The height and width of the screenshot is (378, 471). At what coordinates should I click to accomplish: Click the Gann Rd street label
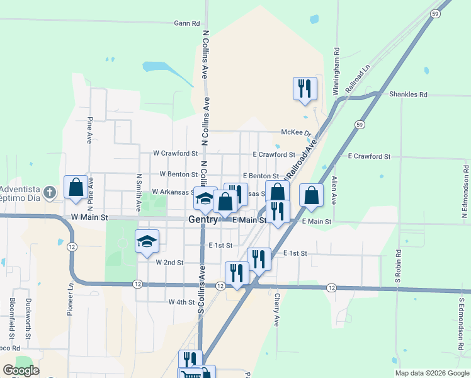click(x=187, y=23)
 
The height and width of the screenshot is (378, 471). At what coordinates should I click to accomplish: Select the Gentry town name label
click(x=203, y=220)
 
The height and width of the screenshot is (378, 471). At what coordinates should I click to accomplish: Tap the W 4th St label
click(x=181, y=302)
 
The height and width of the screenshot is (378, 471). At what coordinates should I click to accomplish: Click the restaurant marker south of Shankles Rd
click(x=305, y=88)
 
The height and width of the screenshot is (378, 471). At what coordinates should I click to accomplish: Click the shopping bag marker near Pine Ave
click(x=76, y=188)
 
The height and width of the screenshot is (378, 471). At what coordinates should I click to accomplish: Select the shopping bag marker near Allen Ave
click(x=311, y=195)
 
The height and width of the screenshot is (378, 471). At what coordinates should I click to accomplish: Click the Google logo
click(x=20, y=370)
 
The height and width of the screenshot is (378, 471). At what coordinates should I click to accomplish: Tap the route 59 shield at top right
click(x=435, y=13)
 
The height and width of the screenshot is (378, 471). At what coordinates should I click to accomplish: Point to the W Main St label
click(x=90, y=217)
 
